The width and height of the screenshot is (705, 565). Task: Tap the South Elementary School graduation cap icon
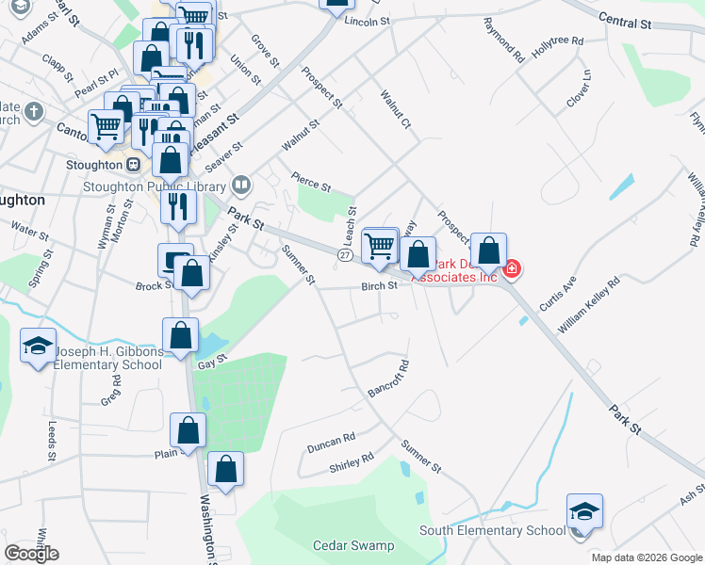(584, 512)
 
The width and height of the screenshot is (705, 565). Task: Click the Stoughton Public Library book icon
(242, 185)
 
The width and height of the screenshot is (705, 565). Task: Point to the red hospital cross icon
(512, 269)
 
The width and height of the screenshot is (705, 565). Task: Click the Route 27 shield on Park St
(346, 255)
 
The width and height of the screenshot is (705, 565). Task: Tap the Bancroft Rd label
(387, 378)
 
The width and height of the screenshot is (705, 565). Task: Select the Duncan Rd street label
(330, 441)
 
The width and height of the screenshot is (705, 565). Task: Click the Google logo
(31, 554)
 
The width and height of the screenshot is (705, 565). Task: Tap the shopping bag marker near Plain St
(189, 430)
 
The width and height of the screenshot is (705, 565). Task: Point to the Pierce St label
(311, 181)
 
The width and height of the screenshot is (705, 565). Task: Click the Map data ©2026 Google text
(647, 557)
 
